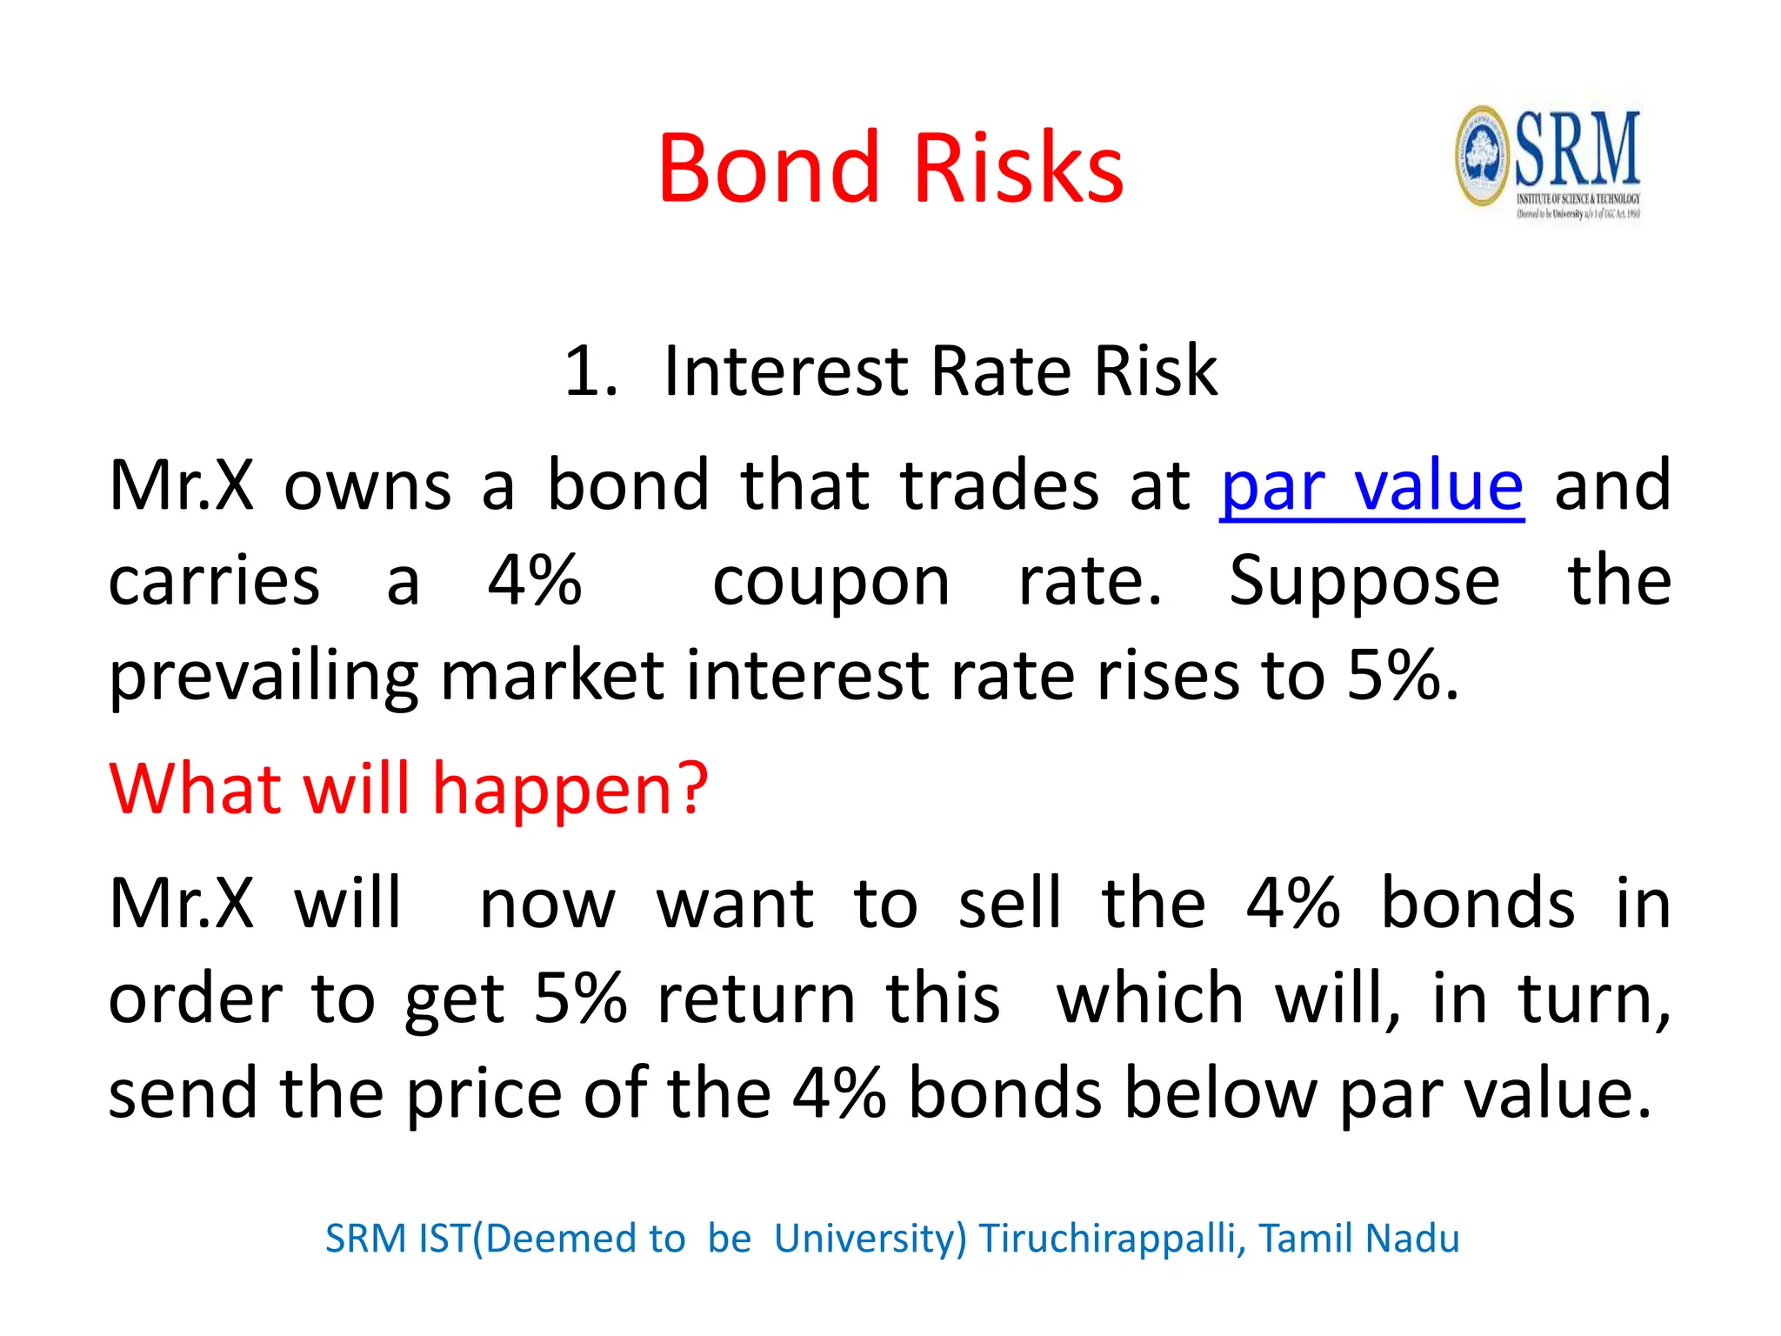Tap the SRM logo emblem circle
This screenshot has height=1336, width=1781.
coord(1482,157)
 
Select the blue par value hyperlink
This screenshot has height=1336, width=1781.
coord(1371,486)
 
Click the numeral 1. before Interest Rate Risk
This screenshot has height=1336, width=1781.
coord(590,371)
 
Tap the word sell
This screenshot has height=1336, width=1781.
coord(1010,904)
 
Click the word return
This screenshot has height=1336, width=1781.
coord(756,999)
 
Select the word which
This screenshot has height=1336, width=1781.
coord(1150,999)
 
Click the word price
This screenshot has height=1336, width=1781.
coord(484,1093)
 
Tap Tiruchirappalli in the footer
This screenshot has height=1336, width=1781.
coord(1111,1239)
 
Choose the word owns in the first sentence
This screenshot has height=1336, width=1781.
coord(367,486)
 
